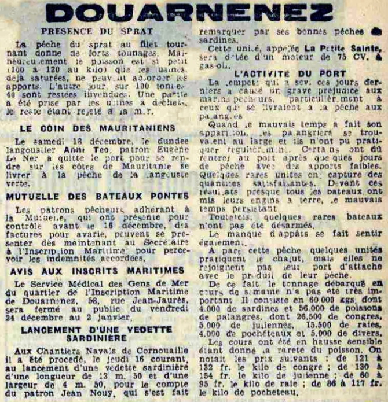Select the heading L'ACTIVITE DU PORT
coord(291,73)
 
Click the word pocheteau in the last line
coord(263,393)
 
